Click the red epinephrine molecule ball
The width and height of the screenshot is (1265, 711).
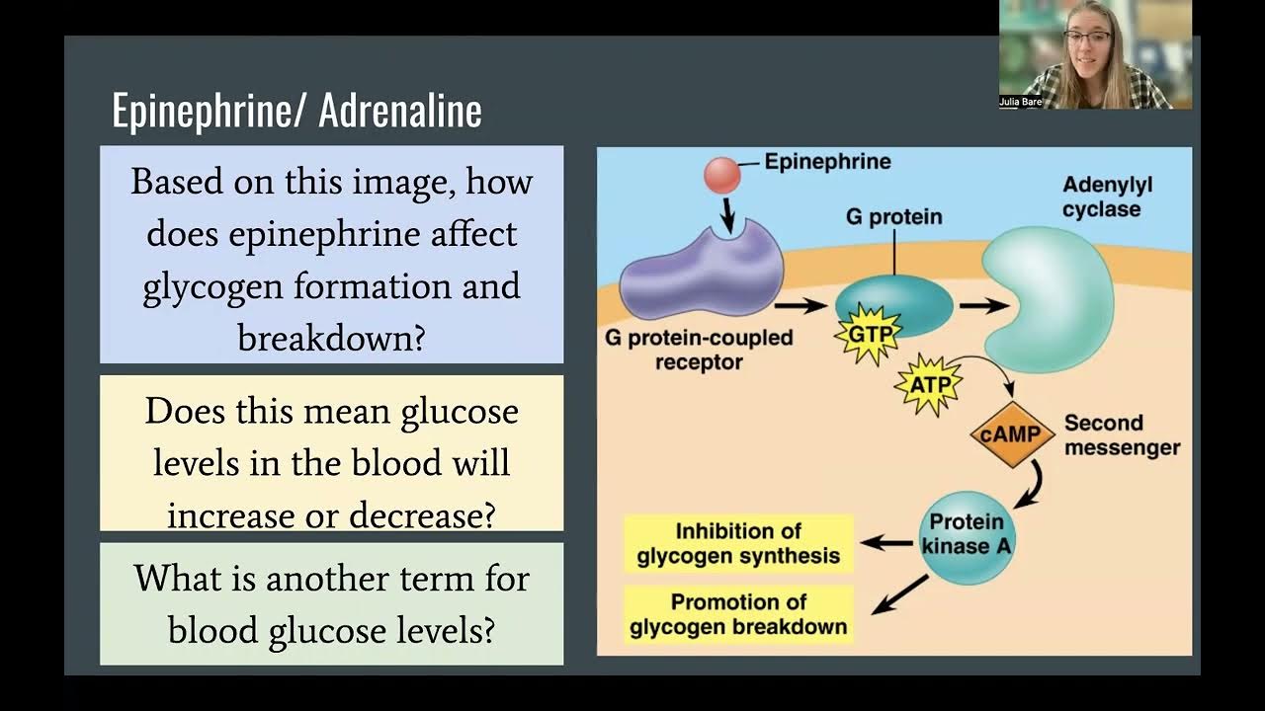[721, 175]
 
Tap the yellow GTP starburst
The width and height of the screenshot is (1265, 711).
[869, 335]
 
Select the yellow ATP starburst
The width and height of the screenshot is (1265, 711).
[928, 382]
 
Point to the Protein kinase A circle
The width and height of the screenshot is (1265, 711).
[967, 533]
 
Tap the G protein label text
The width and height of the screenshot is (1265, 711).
[893, 216]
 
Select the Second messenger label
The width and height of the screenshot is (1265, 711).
[1121, 434]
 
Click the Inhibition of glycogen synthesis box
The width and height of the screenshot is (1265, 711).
[738, 544]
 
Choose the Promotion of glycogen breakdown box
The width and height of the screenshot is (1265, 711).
[738, 614]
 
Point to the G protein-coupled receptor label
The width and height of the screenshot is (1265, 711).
[699, 350]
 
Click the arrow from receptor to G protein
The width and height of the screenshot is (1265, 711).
[801, 305]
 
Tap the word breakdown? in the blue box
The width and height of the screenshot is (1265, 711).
[331, 339]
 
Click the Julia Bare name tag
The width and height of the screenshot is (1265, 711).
[1020, 102]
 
